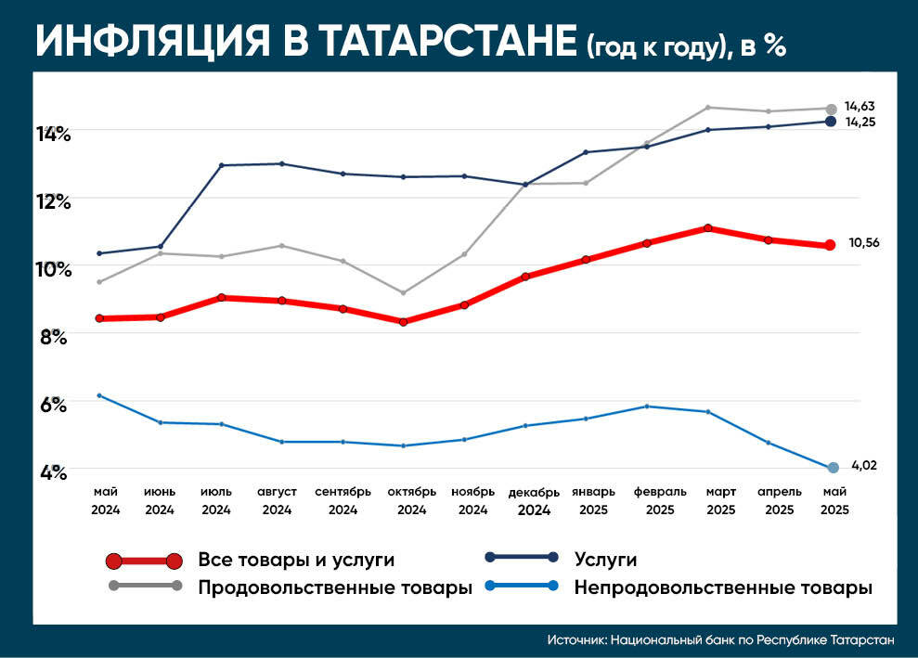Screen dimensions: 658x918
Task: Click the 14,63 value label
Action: point(860,107)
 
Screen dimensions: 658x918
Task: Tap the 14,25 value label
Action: point(860,122)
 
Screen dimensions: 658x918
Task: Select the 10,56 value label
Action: point(863,243)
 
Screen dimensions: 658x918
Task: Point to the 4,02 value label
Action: point(864,466)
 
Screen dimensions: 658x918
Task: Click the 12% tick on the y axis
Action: point(54,200)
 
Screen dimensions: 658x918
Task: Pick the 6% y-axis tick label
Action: point(54,406)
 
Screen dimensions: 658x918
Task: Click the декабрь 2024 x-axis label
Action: point(534,500)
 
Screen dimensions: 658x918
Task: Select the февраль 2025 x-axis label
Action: point(660,500)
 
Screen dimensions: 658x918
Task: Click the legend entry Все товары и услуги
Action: point(296,560)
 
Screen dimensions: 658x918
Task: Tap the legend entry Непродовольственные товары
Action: point(723,587)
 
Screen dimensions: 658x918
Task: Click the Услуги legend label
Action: point(605,559)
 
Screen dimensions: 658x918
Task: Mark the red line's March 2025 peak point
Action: point(708,228)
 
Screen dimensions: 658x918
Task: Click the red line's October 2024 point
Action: point(402,322)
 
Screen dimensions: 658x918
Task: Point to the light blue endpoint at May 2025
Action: point(833,468)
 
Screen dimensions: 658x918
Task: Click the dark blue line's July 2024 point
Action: point(221,165)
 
